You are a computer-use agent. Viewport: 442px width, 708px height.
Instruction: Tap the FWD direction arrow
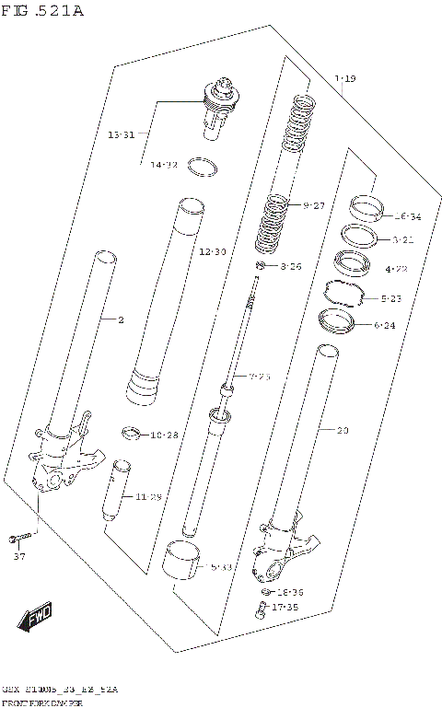click(34, 615)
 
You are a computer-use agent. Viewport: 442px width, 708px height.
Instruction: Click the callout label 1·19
click(344, 80)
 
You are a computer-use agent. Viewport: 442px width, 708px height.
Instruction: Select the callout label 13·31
click(121, 135)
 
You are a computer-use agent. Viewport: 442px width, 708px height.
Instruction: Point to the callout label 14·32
click(164, 165)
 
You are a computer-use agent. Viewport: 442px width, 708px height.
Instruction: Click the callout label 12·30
click(212, 251)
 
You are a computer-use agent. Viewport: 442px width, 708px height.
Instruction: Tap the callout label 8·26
click(290, 267)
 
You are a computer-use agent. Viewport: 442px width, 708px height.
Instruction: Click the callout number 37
click(18, 557)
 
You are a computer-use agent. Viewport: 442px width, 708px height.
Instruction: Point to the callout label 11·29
click(148, 497)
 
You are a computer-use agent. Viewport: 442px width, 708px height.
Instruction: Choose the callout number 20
click(343, 430)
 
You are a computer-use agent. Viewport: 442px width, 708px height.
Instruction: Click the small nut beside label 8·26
click(262, 267)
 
